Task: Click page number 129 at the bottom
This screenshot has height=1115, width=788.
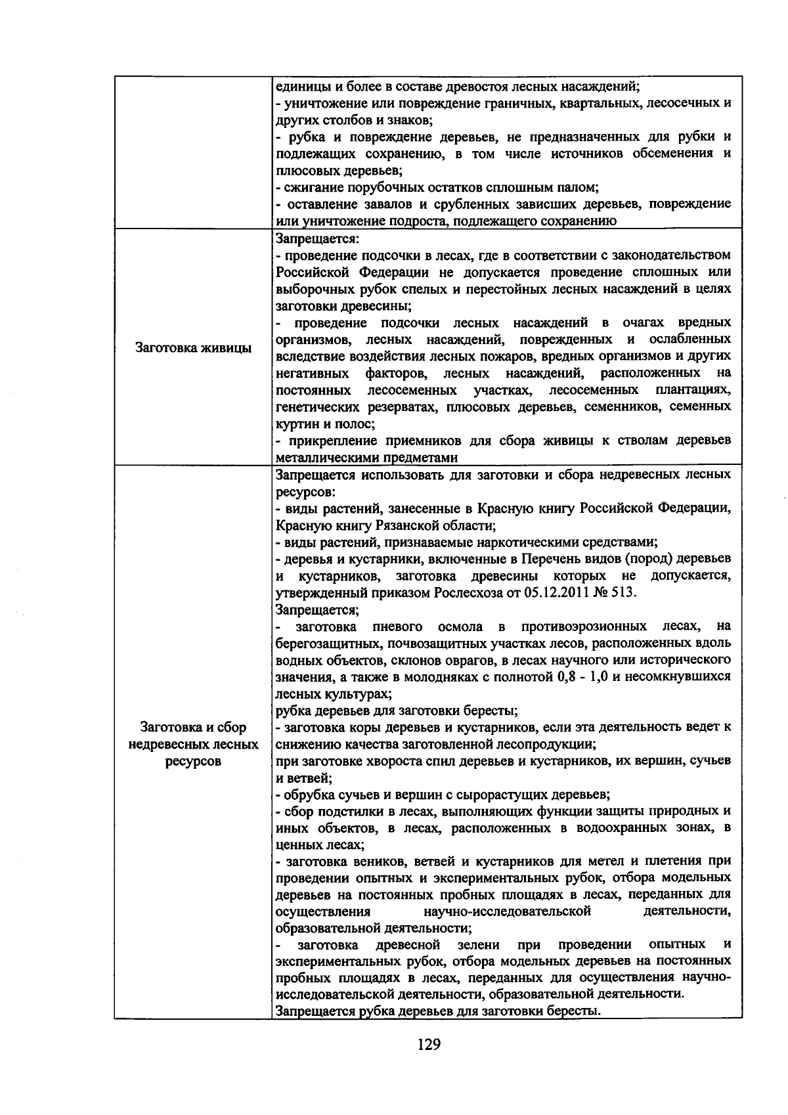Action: pyautogui.click(x=428, y=1044)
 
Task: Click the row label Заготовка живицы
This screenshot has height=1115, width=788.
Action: pyautogui.click(x=193, y=348)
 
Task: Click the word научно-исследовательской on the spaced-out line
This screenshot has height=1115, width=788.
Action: pyautogui.click(x=507, y=911)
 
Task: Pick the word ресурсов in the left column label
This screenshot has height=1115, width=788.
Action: pyautogui.click(x=193, y=761)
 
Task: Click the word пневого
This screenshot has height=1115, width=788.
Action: pyautogui.click(x=397, y=626)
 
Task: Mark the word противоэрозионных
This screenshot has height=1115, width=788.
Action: pyautogui.click(x=582, y=626)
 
